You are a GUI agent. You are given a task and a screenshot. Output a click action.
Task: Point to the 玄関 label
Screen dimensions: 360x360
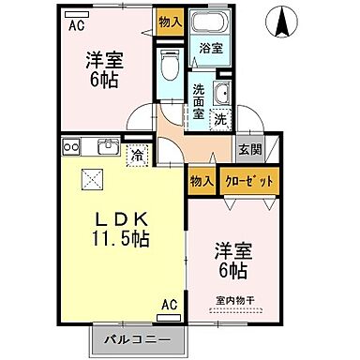tap(248, 149)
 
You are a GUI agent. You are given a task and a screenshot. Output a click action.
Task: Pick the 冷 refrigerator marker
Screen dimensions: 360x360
tap(137, 154)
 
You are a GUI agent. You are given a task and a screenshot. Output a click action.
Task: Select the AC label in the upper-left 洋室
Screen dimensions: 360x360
tap(75, 25)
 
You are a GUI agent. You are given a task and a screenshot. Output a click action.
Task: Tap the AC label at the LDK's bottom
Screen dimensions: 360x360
tap(170, 305)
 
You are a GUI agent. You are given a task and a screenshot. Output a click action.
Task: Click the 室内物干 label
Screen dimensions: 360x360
tap(234, 302)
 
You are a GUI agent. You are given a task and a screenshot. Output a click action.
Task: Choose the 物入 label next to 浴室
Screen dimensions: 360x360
tap(170, 22)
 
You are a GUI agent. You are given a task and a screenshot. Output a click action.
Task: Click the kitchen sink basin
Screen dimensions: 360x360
tap(106, 146)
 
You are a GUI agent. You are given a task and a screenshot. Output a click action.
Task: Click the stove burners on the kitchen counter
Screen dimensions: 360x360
tap(70, 146)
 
